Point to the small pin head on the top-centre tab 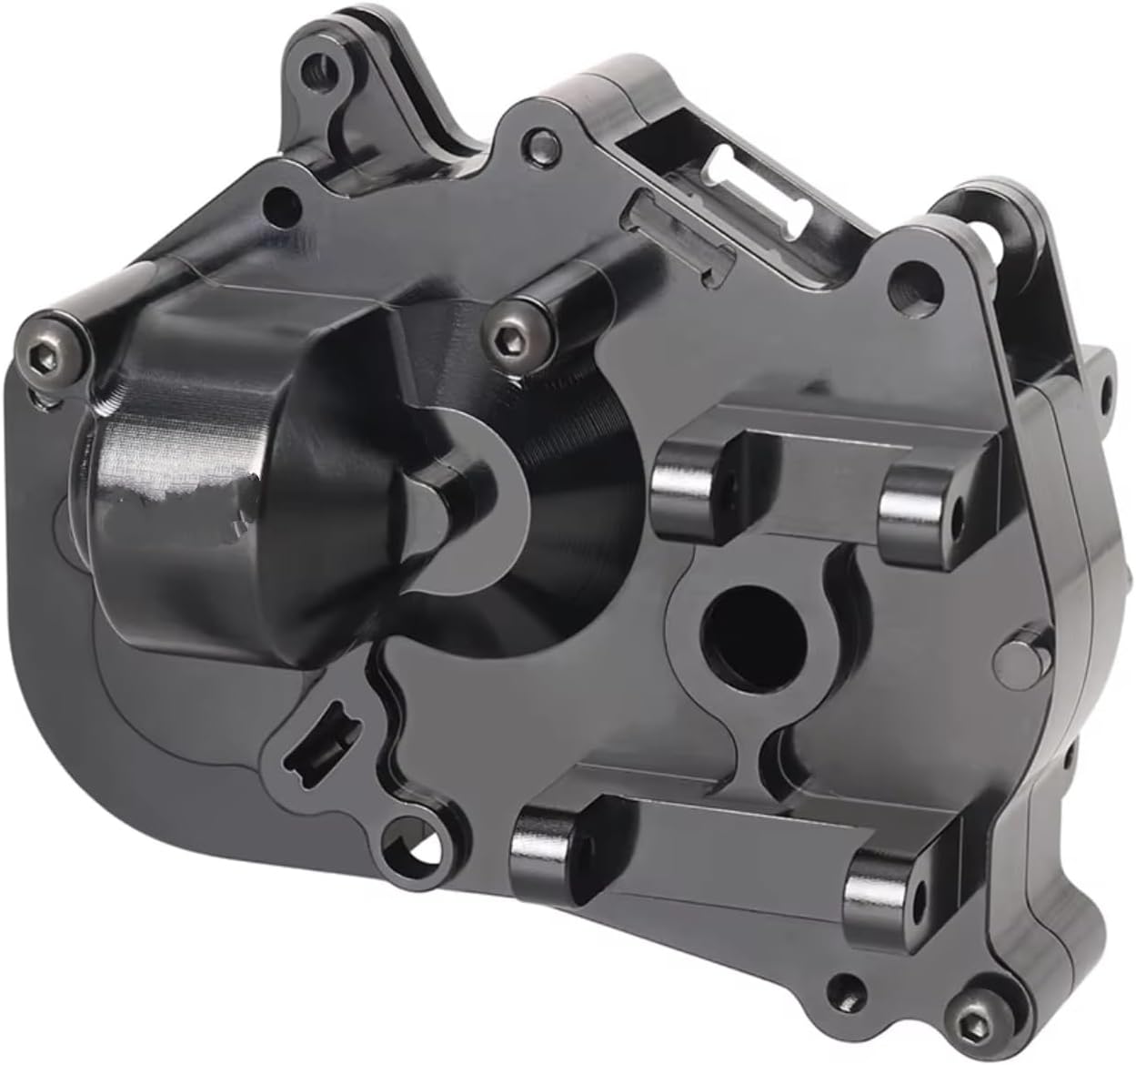(542, 139)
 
